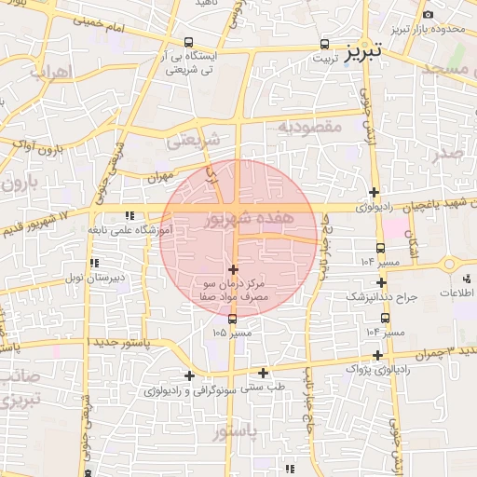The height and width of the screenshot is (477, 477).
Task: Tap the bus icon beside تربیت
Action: click(x=325, y=43)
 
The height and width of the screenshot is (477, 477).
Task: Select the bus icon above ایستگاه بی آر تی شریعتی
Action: click(x=190, y=42)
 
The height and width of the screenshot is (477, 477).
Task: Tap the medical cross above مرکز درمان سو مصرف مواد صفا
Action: click(x=233, y=268)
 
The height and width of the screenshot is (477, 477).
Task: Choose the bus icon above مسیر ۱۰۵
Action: click(x=233, y=319)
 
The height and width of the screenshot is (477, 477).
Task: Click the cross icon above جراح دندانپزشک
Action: click(x=381, y=281)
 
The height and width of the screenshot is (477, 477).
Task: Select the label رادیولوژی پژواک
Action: click(x=379, y=369)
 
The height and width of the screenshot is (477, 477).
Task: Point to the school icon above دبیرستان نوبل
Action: click(x=94, y=264)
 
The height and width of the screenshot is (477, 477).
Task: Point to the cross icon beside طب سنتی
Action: click(x=264, y=373)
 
